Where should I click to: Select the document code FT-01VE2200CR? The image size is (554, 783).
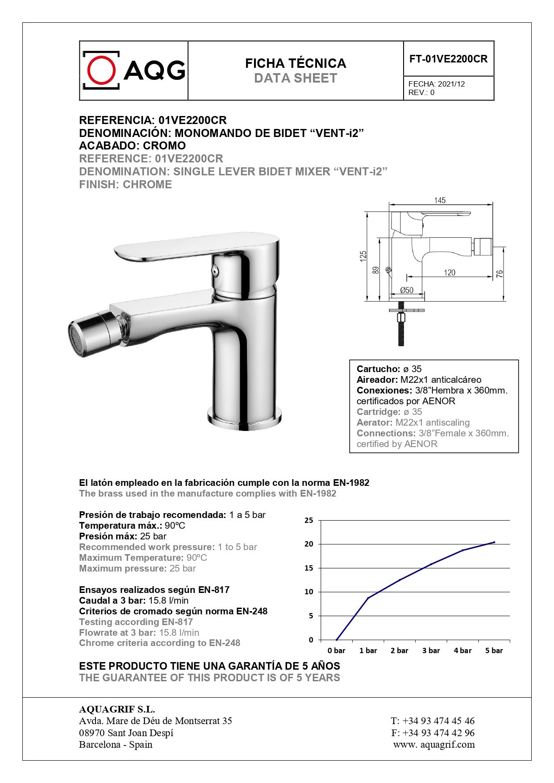point(448,59)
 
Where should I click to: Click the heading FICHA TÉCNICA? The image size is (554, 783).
point(296,63)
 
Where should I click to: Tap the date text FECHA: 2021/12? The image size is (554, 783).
point(436,84)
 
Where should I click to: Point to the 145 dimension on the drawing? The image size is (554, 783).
point(440,200)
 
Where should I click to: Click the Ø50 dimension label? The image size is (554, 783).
point(406,290)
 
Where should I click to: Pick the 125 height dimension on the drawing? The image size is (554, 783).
point(363,256)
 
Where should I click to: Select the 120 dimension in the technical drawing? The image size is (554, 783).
point(449,273)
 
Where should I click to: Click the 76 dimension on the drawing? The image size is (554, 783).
point(500,273)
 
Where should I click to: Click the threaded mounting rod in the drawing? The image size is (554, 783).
point(401,332)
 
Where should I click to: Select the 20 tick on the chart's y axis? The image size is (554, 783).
point(309,544)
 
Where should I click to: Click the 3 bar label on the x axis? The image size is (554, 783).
point(431,650)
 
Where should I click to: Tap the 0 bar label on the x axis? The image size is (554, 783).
point(336,650)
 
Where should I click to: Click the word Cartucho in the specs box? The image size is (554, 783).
point(378,369)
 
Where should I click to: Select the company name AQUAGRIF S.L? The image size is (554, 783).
point(117,709)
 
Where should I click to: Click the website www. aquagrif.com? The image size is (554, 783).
point(434,745)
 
